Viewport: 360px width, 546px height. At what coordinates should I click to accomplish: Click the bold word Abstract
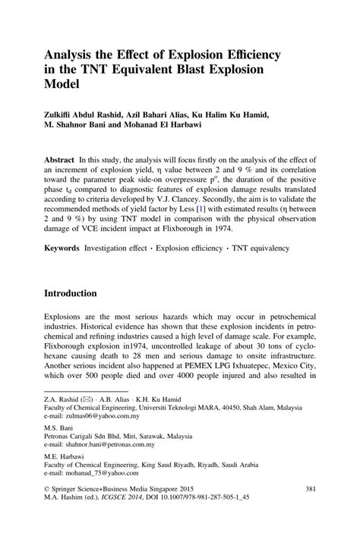63,161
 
